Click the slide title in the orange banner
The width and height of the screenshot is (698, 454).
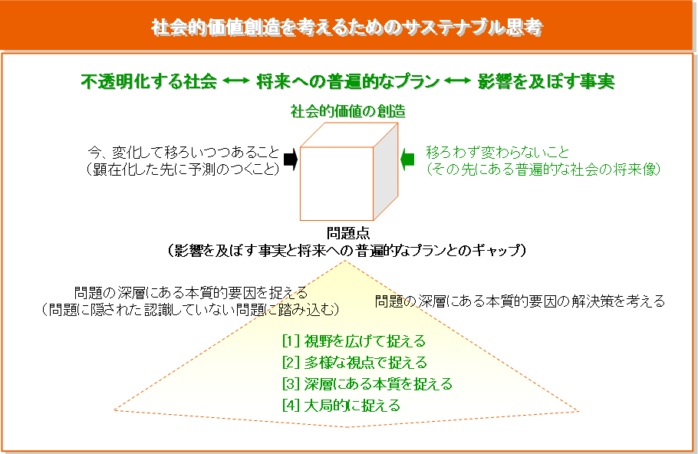348,27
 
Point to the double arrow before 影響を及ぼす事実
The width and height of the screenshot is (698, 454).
458,81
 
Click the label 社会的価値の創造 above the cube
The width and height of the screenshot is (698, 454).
347,111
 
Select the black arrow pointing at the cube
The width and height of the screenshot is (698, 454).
290,160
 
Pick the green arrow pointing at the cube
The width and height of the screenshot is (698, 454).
408,159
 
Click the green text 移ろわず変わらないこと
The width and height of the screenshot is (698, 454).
498,152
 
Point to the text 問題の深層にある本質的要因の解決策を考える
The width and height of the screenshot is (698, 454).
519,301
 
